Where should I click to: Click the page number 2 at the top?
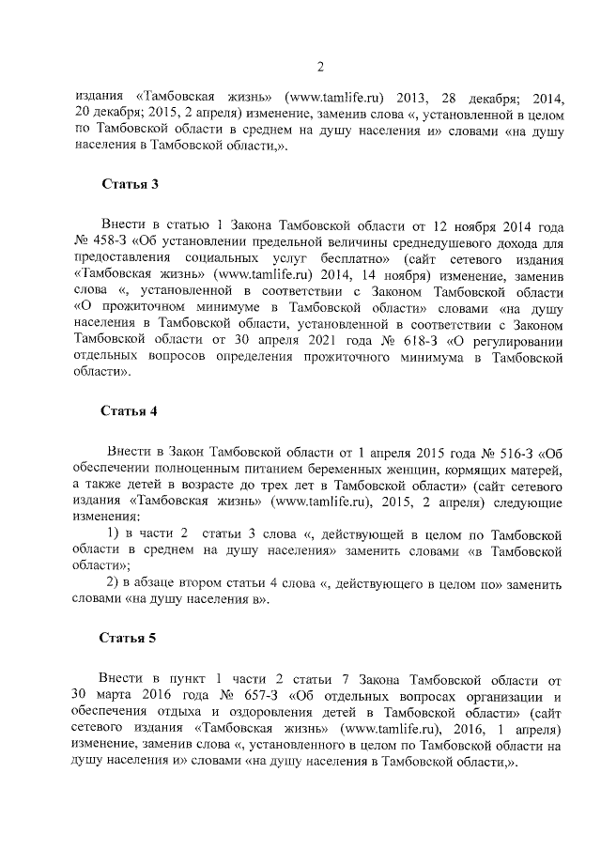pyautogui.click(x=319, y=66)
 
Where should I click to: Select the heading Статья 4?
pyautogui.click(x=129, y=410)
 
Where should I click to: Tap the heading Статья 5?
pyautogui.click(x=129, y=638)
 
